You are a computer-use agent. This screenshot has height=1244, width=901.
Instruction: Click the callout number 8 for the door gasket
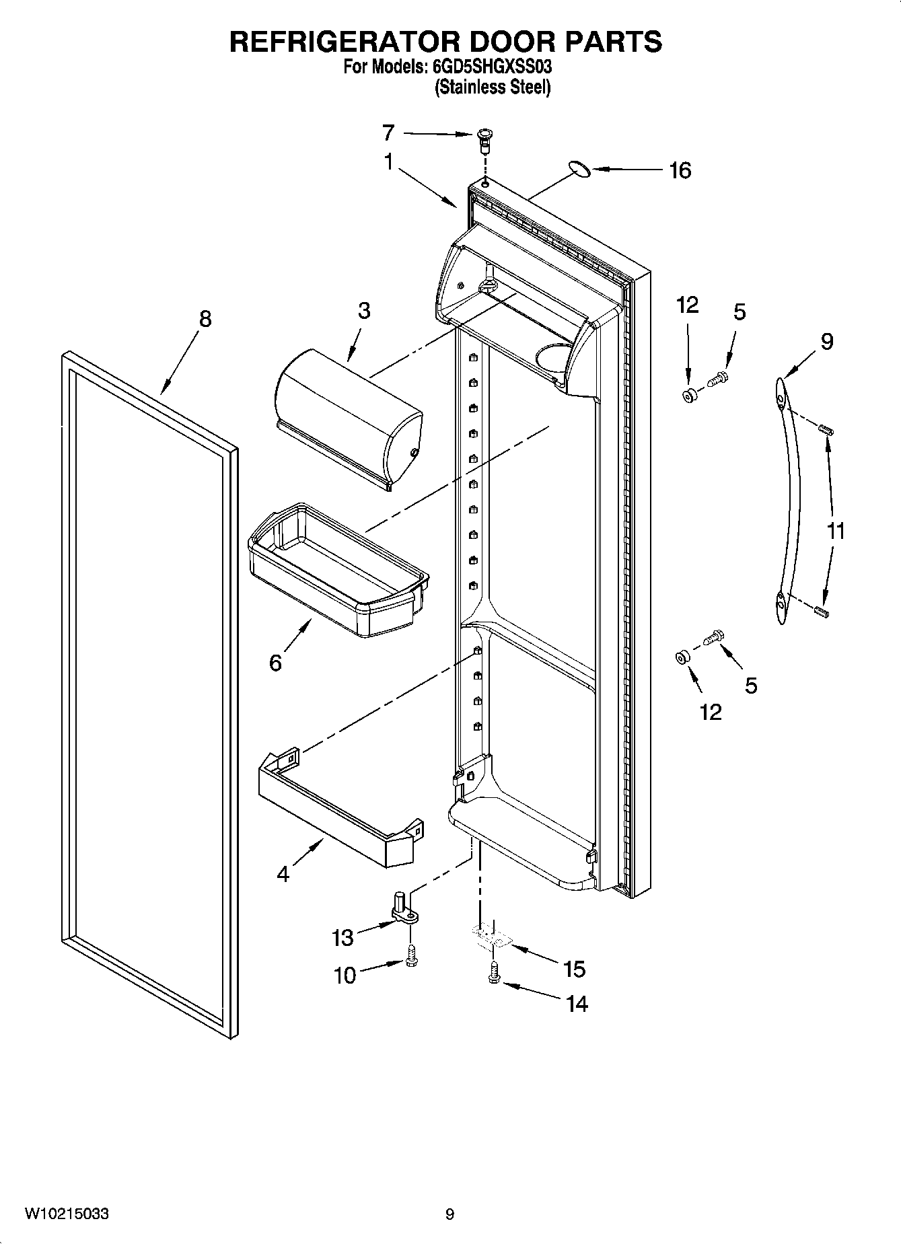click(x=205, y=319)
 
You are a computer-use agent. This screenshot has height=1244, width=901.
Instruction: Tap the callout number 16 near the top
click(x=680, y=171)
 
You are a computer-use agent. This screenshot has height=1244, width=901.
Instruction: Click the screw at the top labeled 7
click(x=483, y=137)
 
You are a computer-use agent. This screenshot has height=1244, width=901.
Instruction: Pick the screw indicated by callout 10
click(x=411, y=957)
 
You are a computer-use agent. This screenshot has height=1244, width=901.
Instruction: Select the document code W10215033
click(x=67, y=1214)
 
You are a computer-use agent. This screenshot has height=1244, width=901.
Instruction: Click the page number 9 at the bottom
click(x=449, y=1214)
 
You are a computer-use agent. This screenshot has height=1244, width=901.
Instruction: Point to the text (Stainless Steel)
click(x=493, y=87)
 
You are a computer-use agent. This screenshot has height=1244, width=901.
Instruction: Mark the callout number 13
click(x=343, y=937)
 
